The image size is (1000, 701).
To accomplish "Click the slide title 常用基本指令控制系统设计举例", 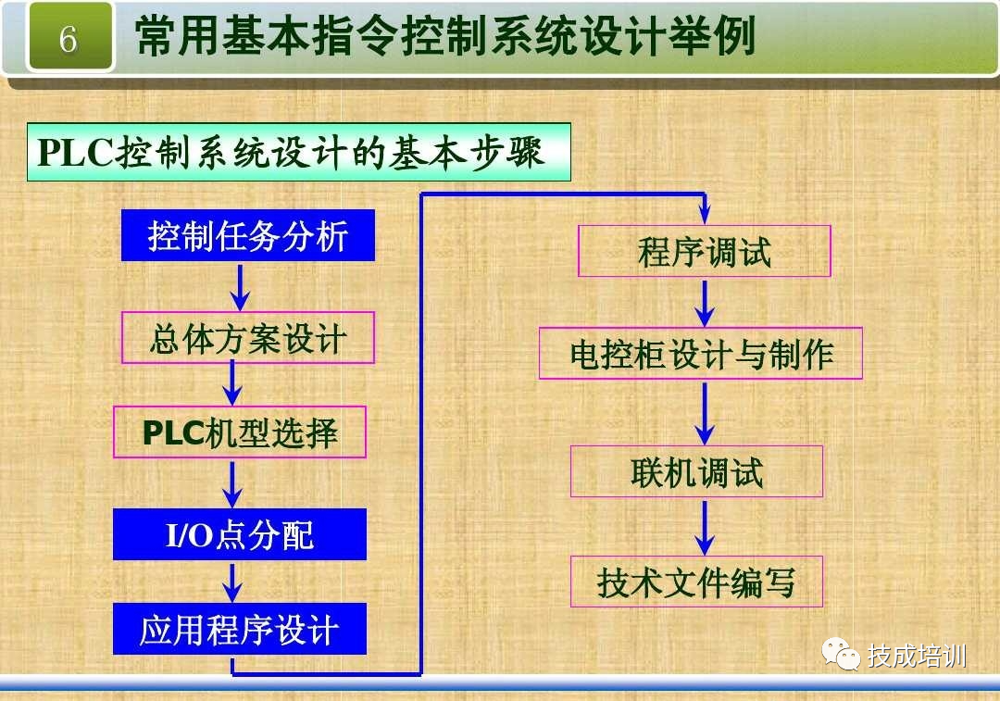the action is [444, 37].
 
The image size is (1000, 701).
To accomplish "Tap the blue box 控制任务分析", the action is [248, 235].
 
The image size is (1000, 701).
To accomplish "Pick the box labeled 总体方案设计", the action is [248, 337].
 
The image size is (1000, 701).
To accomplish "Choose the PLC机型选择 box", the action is [240, 432].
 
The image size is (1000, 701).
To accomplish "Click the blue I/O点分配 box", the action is [240, 534].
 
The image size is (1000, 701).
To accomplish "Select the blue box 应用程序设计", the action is [240, 629].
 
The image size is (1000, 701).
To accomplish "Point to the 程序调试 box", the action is [705, 251].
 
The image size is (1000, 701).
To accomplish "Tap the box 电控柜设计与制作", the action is [701, 353].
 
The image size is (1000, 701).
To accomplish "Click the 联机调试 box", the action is [696, 471].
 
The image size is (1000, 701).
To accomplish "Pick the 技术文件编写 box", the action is [696, 582].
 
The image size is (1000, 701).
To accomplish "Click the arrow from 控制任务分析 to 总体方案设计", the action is [240, 286].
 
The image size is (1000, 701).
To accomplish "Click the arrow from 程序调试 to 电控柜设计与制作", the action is [706, 302].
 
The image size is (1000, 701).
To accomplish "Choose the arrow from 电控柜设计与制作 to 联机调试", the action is [706, 412].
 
